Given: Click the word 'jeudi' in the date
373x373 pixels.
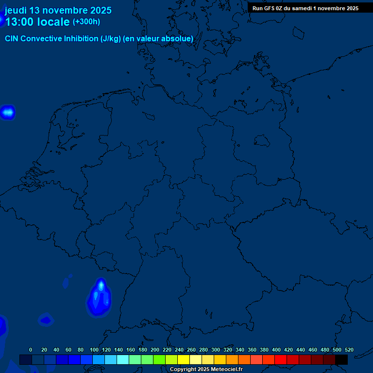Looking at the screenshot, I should pyautogui.click(x=16, y=10).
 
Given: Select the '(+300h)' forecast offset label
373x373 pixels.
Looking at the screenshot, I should pyautogui.click(x=86, y=22).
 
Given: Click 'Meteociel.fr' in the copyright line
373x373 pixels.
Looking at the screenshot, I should pyautogui.click(x=223, y=370).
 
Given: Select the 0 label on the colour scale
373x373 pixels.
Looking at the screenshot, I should pyautogui.click(x=31, y=350).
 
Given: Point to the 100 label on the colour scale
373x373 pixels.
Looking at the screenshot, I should pyautogui.click(x=94, y=350).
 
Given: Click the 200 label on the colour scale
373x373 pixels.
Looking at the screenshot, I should pyautogui.click(x=155, y=350).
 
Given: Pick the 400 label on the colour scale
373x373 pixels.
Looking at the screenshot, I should pyautogui.click(x=276, y=350).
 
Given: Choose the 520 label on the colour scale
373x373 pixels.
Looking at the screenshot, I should pyautogui.click(x=349, y=350).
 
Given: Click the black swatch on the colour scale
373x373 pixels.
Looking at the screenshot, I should pyautogui.click(x=341, y=360).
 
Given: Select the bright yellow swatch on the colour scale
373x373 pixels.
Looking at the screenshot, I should pyautogui.click(x=184, y=360).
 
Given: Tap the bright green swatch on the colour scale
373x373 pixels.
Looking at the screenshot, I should pyautogui.click(x=159, y=360).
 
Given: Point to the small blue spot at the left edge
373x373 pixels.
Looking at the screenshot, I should pyautogui.click(x=8, y=113).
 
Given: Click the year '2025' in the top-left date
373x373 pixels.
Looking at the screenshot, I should pyautogui.click(x=101, y=10).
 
